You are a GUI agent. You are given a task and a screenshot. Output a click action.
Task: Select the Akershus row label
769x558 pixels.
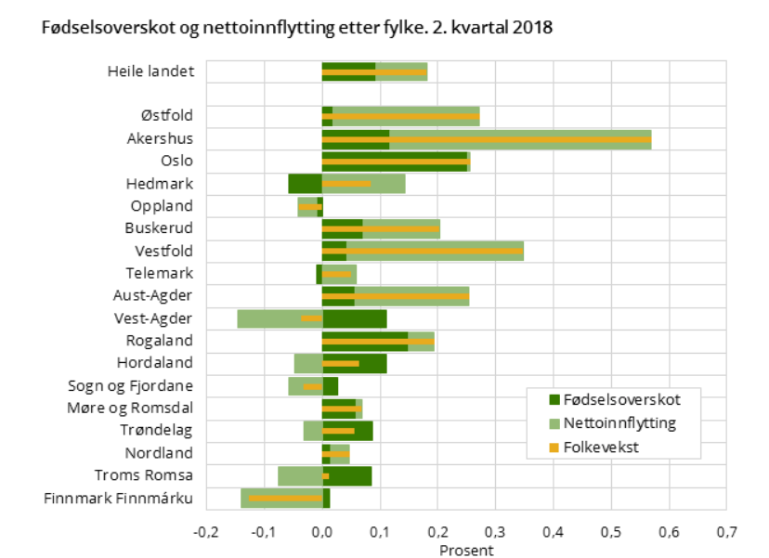[160, 139]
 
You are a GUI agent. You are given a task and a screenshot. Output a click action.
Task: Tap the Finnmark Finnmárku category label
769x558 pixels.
[118, 499]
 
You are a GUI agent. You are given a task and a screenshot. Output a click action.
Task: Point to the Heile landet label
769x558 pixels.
[150, 71]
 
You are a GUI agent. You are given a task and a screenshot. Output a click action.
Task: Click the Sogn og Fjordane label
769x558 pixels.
[131, 386]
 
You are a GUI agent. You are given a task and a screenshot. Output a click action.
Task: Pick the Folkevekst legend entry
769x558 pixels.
[608, 448]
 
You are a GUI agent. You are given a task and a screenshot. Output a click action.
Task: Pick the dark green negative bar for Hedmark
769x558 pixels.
[305, 184]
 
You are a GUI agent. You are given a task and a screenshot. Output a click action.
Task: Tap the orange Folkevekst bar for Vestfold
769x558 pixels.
[423, 251]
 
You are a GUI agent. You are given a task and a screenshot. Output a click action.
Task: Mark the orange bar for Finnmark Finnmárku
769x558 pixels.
[284, 499]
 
